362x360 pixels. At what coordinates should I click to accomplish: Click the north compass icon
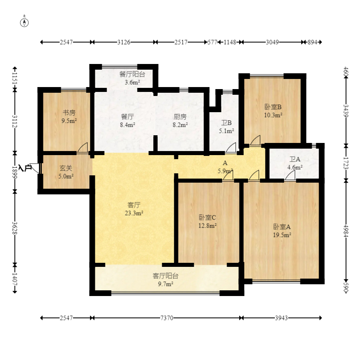click(x=25, y=22)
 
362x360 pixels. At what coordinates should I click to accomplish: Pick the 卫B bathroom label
click(x=226, y=123)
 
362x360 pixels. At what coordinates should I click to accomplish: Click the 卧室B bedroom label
click(x=273, y=107)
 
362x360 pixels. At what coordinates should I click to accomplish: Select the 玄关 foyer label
click(x=66, y=168)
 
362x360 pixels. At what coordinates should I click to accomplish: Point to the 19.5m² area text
click(x=283, y=234)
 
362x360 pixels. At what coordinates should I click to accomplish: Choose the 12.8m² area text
click(x=208, y=226)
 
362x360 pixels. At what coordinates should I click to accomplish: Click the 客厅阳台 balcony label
click(x=165, y=276)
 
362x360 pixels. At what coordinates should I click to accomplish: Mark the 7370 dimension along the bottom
click(x=166, y=318)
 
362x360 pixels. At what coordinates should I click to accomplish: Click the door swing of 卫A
click(x=290, y=175)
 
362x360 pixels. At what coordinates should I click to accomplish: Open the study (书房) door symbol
click(x=83, y=148)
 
